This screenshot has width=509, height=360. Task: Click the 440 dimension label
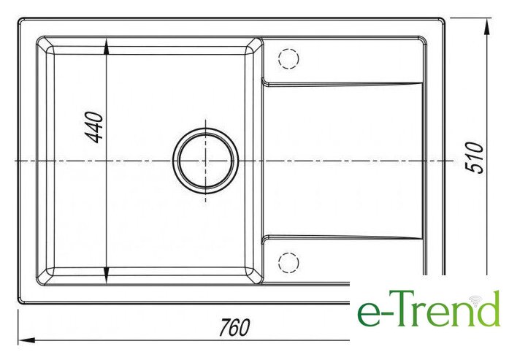point(96,127)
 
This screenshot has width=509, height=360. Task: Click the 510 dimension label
point(474,158)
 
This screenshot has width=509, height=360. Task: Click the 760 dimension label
point(234,327)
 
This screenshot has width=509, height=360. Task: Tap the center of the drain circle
point(205,161)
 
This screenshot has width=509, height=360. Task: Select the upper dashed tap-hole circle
point(288,58)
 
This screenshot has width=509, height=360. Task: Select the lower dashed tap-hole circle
point(288,262)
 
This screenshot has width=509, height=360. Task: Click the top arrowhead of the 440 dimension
point(107,47)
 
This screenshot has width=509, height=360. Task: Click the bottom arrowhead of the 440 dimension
point(107,276)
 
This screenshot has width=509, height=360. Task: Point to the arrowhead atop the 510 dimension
point(486,26)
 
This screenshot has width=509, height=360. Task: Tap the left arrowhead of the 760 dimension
point(26,340)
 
